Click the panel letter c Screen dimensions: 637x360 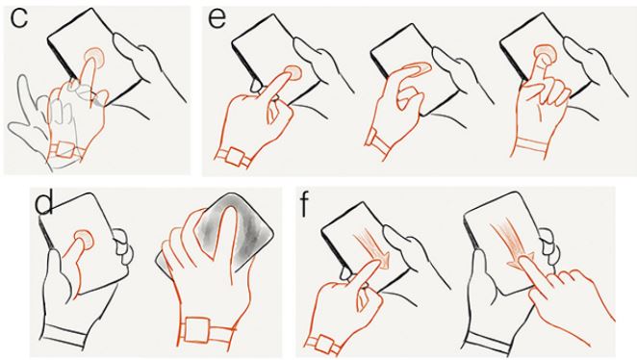click(19, 18)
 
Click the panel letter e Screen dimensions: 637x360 click(217, 19)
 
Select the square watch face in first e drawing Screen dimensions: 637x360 click(235, 157)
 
